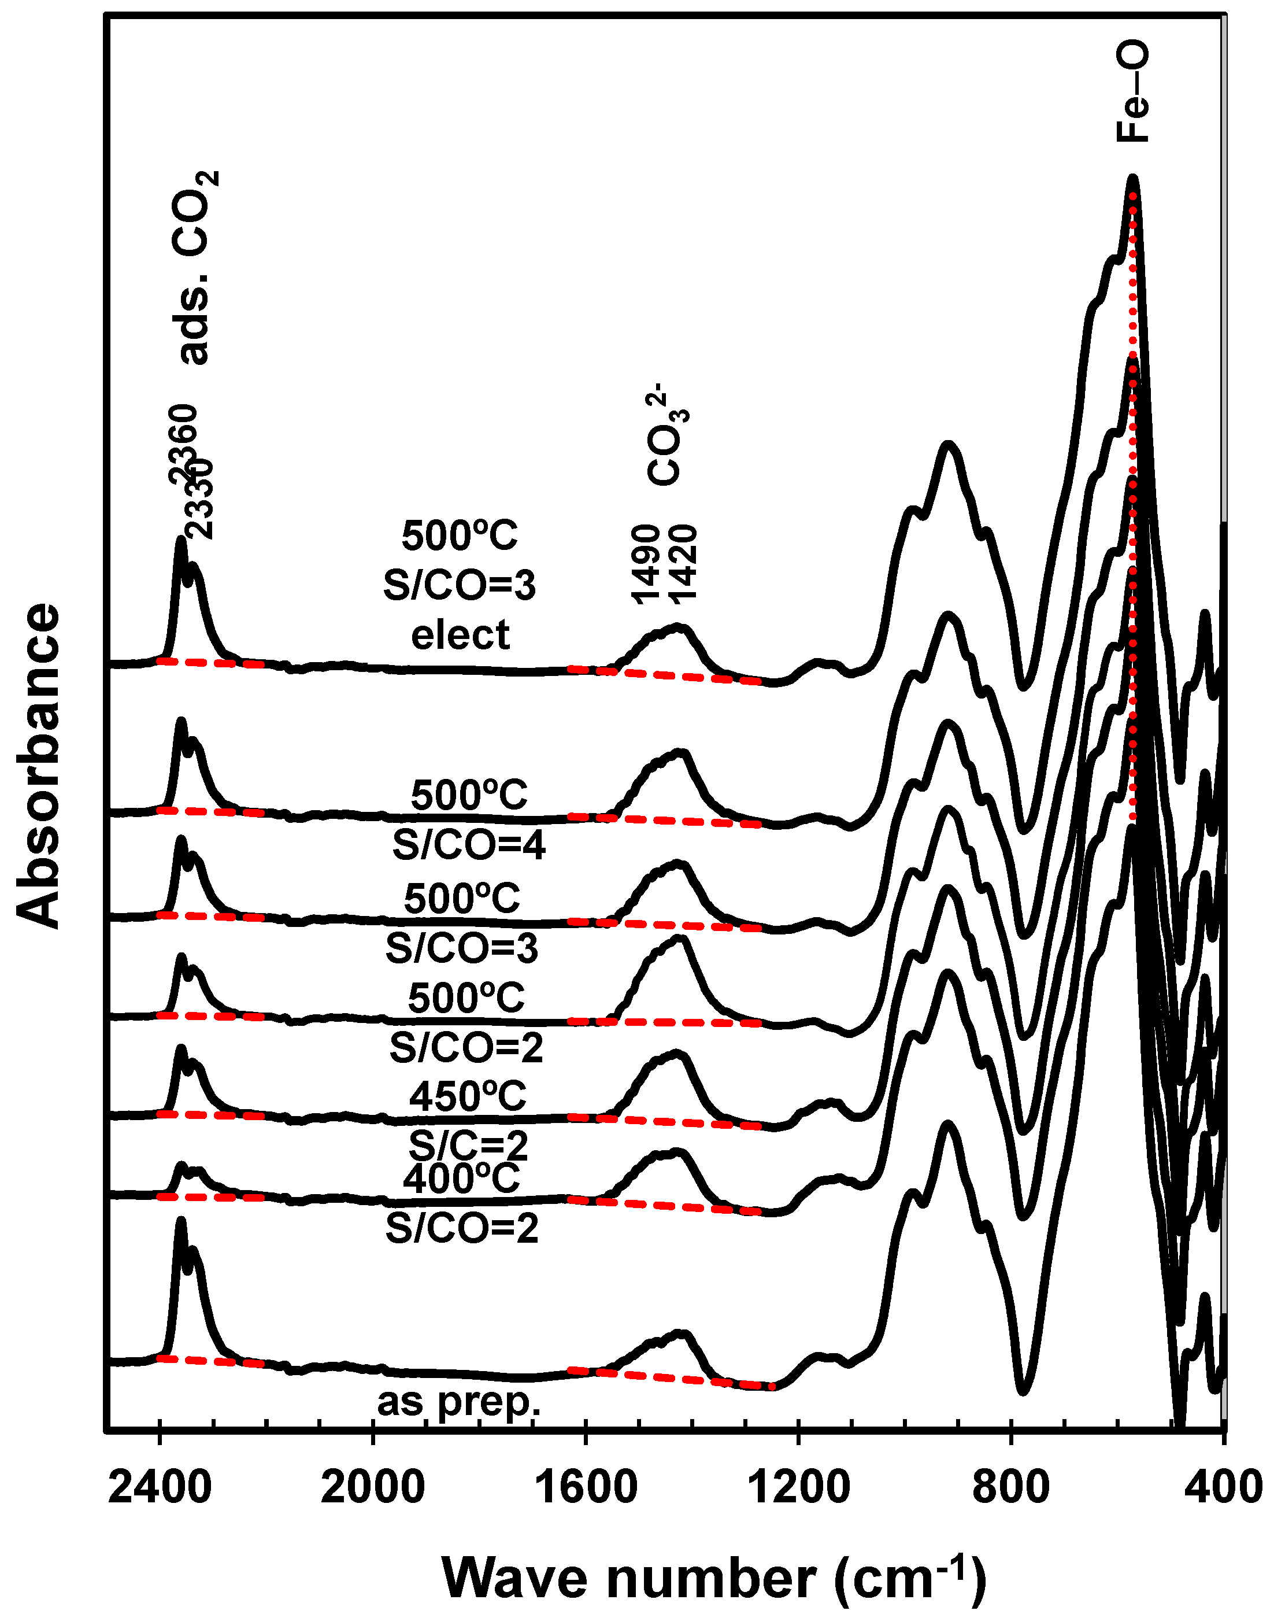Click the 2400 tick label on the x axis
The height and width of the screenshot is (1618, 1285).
[x=160, y=1487]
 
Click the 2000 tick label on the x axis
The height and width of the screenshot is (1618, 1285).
[x=372, y=1487]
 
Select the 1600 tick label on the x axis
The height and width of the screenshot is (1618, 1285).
[x=585, y=1487]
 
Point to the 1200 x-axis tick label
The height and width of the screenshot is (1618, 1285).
[x=798, y=1487]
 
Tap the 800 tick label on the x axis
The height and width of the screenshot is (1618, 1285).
[x=1010, y=1487]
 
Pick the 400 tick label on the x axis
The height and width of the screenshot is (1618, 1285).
[x=1223, y=1487]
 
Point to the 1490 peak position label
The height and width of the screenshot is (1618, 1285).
[x=645, y=565]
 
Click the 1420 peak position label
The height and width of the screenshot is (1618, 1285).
[x=683, y=565]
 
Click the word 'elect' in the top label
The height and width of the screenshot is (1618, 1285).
[x=460, y=635]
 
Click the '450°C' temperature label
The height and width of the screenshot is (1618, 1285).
[x=467, y=1096]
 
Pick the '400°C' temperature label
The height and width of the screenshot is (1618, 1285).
[x=461, y=1179]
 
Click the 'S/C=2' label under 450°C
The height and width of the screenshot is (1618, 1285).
[x=468, y=1145]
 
